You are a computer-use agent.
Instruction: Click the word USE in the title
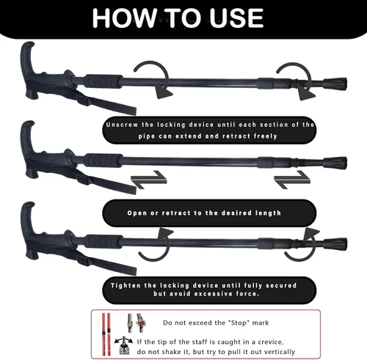click(236, 18)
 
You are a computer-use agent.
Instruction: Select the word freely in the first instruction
click(265, 136)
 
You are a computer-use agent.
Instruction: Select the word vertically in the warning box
click(279, 352)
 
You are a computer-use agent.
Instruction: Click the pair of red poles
click(106, 334)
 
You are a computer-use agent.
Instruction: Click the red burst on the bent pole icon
click(141, 324)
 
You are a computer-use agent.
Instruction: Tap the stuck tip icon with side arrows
click(124, 345)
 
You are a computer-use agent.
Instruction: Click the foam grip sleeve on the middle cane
click(103, 161)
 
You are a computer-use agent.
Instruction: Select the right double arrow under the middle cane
click(292, 180)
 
